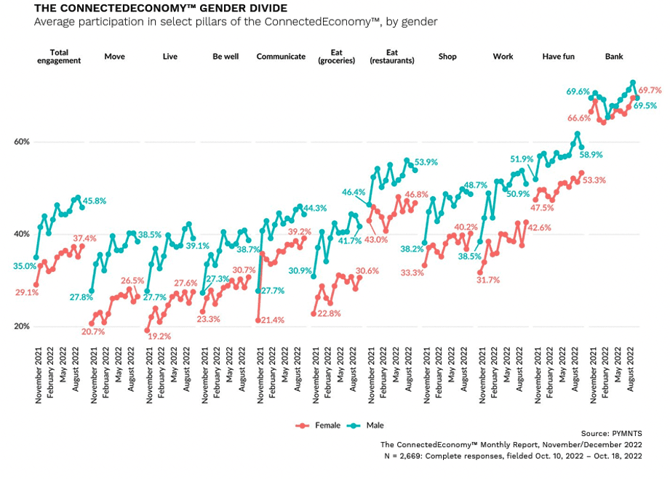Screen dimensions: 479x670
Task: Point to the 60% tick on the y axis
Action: tap(22, 142)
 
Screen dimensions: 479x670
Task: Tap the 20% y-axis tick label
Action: tap(22, 326)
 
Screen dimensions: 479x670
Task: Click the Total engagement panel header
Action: tap(58, 56)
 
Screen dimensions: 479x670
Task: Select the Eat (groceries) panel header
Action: tap(337, 56)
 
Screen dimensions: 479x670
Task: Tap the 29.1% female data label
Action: tap(26, 293)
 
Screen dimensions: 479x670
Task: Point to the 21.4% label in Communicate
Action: tap(271, 321)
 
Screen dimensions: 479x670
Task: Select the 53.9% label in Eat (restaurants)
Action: tap(426, 162)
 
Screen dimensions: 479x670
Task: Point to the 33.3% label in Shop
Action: tap(412, 273)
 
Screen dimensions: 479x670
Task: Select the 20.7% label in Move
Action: tap(93, 331)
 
